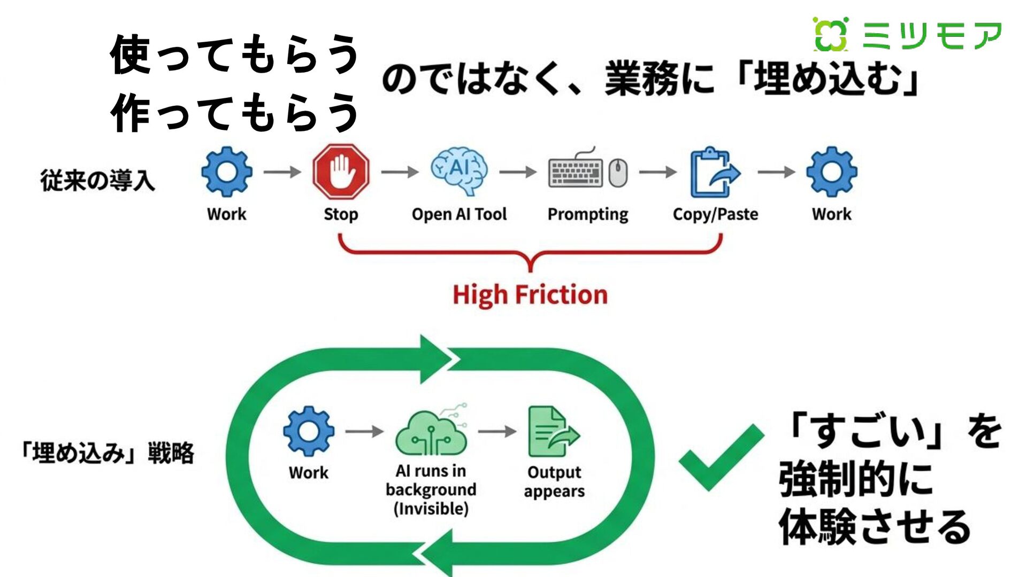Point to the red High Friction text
coord(530,295)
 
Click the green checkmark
coord(720,457)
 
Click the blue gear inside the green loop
coord(309,431)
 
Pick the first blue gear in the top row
coord(227,172)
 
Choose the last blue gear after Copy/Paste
coord(831,172)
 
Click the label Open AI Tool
coord(459,214)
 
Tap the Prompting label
coord(588,214)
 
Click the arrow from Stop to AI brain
coord(400,172)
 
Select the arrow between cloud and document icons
coord(497,431)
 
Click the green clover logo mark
coord(830,35)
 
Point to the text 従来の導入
coord(98,181)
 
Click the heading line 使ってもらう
coord(234,54)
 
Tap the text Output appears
coord(554,481)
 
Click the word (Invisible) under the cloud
coord(431,509)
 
